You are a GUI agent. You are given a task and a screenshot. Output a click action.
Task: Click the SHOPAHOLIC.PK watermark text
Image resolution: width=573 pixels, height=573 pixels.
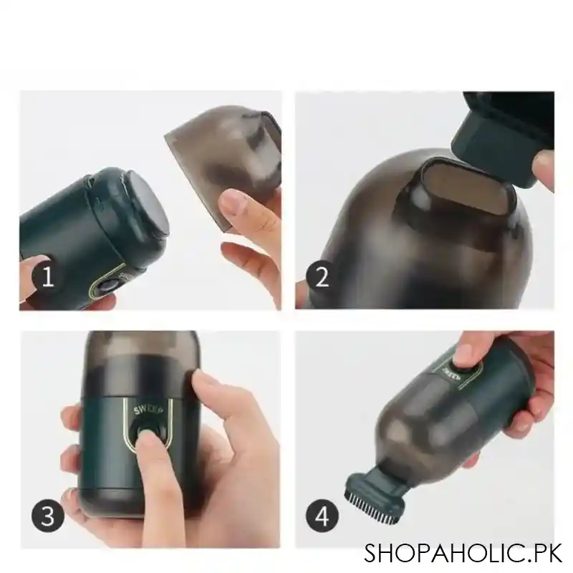463,552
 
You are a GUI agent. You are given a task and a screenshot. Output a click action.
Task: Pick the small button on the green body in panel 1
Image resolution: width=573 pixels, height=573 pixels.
108,285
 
